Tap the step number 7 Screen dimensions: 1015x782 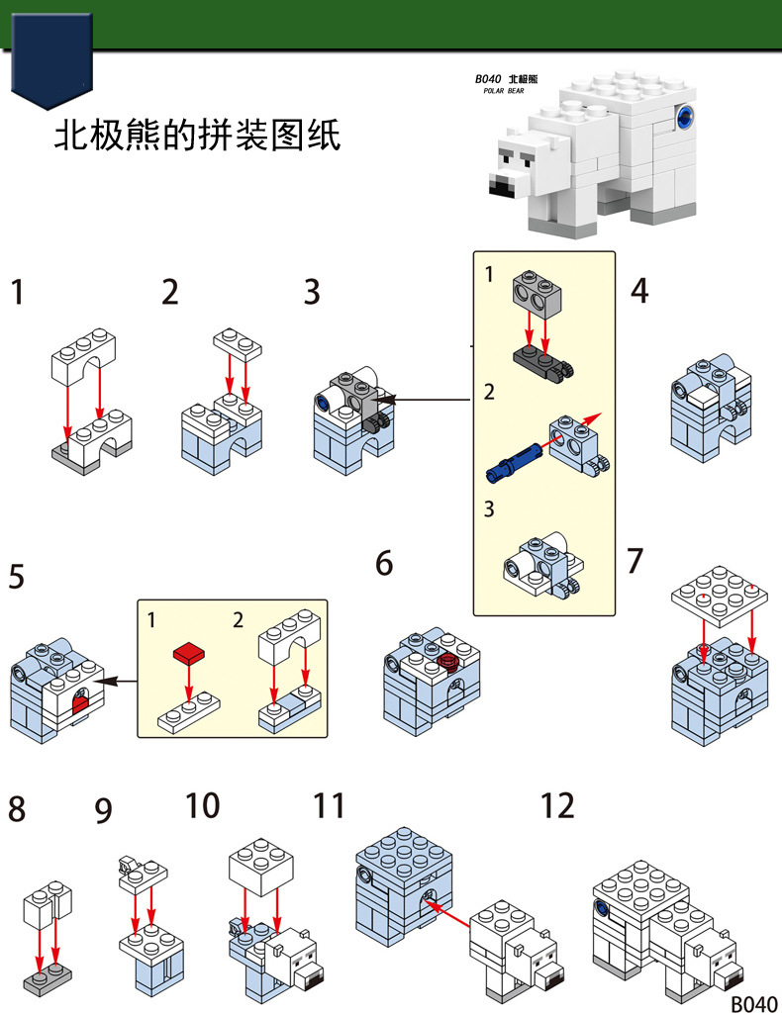click(635, 561)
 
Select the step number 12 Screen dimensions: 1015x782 click(557, 805)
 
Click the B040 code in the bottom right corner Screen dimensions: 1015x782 click(754, 1003)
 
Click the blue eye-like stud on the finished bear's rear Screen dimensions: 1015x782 click(683, 120)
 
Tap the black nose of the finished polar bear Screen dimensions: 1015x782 click(502, 184)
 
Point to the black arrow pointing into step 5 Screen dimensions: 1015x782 click(119, 681)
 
